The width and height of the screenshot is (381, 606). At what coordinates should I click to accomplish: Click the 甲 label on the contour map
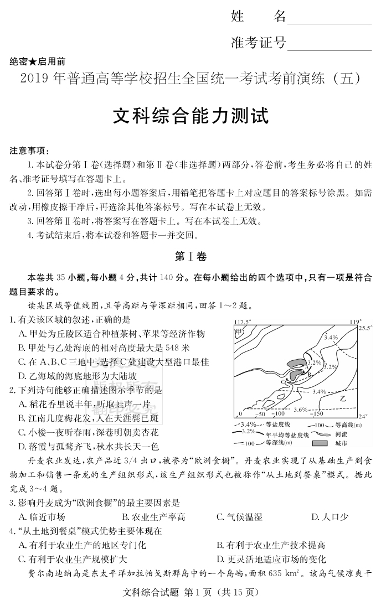[239, 332]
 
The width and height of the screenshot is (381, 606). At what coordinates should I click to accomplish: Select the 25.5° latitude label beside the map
[364, 329]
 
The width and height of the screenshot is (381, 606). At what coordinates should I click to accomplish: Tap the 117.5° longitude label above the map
[242, 322]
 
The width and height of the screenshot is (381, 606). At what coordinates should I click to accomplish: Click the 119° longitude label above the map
[355, 322]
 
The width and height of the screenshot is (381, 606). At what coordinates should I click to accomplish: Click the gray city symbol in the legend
[322, 443]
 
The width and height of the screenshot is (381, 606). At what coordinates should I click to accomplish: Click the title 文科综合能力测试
[190, 117]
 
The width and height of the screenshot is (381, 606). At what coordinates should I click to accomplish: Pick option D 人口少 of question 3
[329, 517]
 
